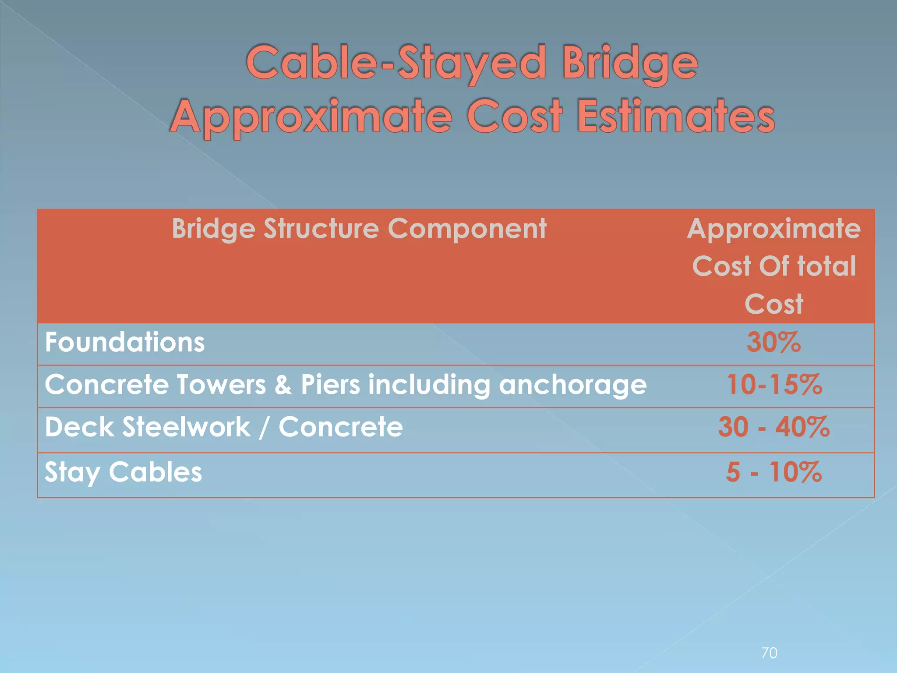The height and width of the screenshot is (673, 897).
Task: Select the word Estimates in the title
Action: coord(676,117)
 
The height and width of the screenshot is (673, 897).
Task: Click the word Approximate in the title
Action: coord(311,117)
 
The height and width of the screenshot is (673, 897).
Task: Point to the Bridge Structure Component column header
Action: coord(359,229)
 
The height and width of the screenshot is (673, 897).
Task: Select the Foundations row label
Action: coord(125,342)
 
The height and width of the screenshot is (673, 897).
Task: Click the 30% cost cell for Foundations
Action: coord(773,342)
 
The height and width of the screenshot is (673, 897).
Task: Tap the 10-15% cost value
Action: coord(774,385)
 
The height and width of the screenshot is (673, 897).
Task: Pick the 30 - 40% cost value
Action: coord(773,427)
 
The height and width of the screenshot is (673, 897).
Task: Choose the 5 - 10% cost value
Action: coord(773,472)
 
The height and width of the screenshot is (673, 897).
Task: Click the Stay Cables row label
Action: coord(123,472)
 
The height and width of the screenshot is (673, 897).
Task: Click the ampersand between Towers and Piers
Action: coord(283,385)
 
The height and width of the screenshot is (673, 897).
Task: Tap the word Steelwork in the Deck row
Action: coord(186,427)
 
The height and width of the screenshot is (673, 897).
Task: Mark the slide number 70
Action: coord(769,653)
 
